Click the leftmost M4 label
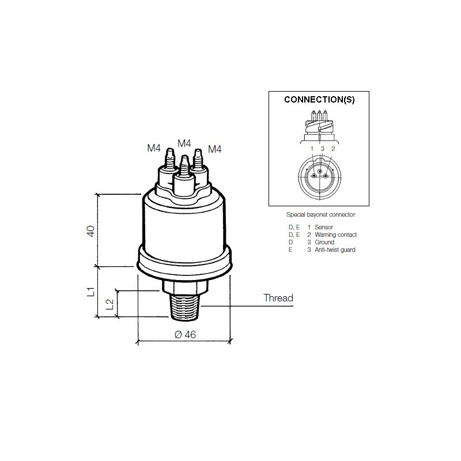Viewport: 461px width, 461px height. click(x=154, y=148)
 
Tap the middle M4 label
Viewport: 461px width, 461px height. click(x=184, y=142)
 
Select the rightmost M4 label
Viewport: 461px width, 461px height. click(x=214, y=149)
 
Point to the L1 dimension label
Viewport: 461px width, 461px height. click(x=90, y=292)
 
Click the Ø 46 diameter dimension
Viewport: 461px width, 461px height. click(x=184, y=335)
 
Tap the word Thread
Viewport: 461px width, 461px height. click(x=278, y=298)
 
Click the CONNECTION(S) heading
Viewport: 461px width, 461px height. click(x=320, y=99)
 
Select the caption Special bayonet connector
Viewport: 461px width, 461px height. click(x=320, y=214)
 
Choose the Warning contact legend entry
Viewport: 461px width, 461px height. click(x=335, y=235)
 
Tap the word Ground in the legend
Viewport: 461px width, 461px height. click(x=324, y=243)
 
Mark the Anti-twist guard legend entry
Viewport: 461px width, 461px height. click(x=334, y=250)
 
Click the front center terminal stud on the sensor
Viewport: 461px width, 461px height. click(x=184, y=173)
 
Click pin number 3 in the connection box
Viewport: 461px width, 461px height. click(x=322, y=149)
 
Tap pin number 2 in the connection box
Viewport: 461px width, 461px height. click(x=332, y=149)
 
